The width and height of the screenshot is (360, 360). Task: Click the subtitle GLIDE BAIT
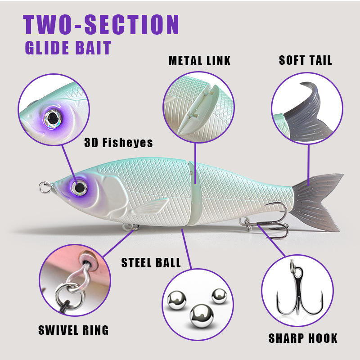(x=68, y=48)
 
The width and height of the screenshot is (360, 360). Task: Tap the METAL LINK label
(x=199, y=61)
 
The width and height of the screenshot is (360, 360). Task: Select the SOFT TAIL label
(x=305, y=60)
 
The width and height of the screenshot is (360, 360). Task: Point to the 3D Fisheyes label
(x=118, y=143)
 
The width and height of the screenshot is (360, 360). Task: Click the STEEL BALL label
(x=151, y=262)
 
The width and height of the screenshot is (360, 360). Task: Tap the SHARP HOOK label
(x=303, y=338)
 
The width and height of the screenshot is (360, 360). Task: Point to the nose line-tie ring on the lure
(x=44, y=185)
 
